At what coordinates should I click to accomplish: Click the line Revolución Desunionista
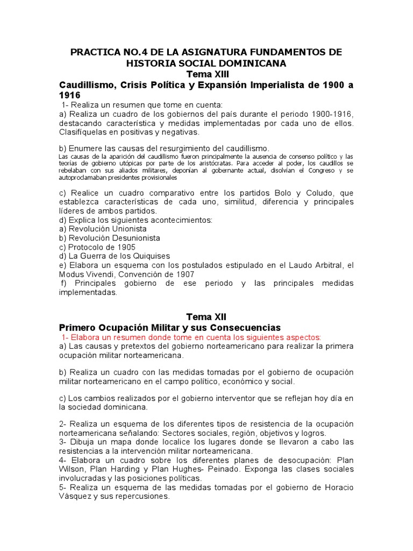(x=109, y=238)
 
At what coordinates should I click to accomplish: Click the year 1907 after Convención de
(x=184, y=274)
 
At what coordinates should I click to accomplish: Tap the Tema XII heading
(x=206, y=317)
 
